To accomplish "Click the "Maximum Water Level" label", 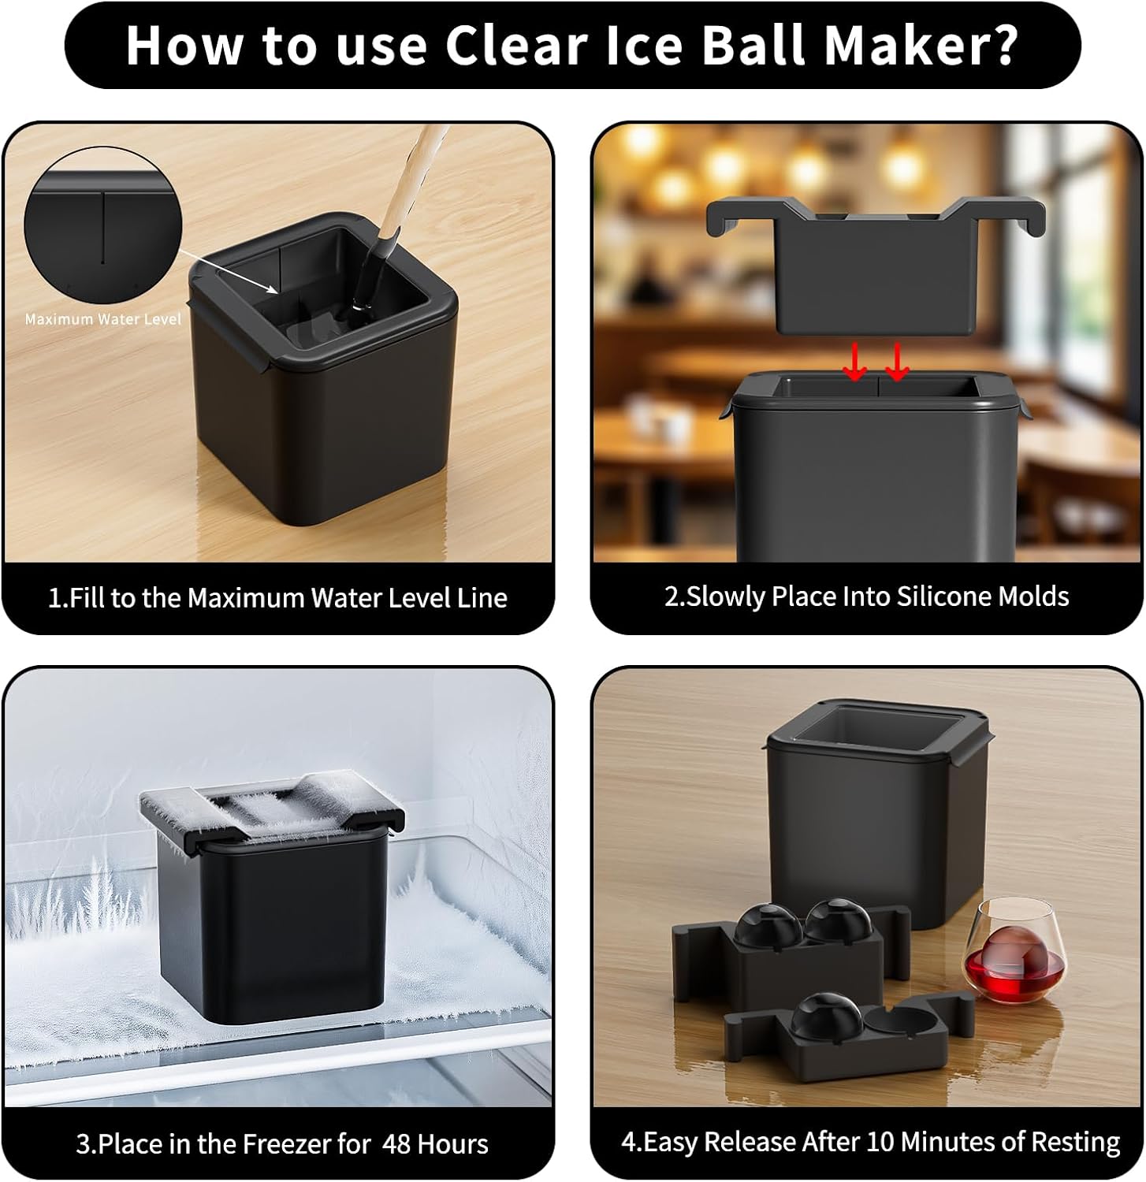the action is click(x=102, y=319).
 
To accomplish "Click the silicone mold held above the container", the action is click(x=875, y=264).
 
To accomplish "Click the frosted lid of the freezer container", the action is click(x=272, y=812).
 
